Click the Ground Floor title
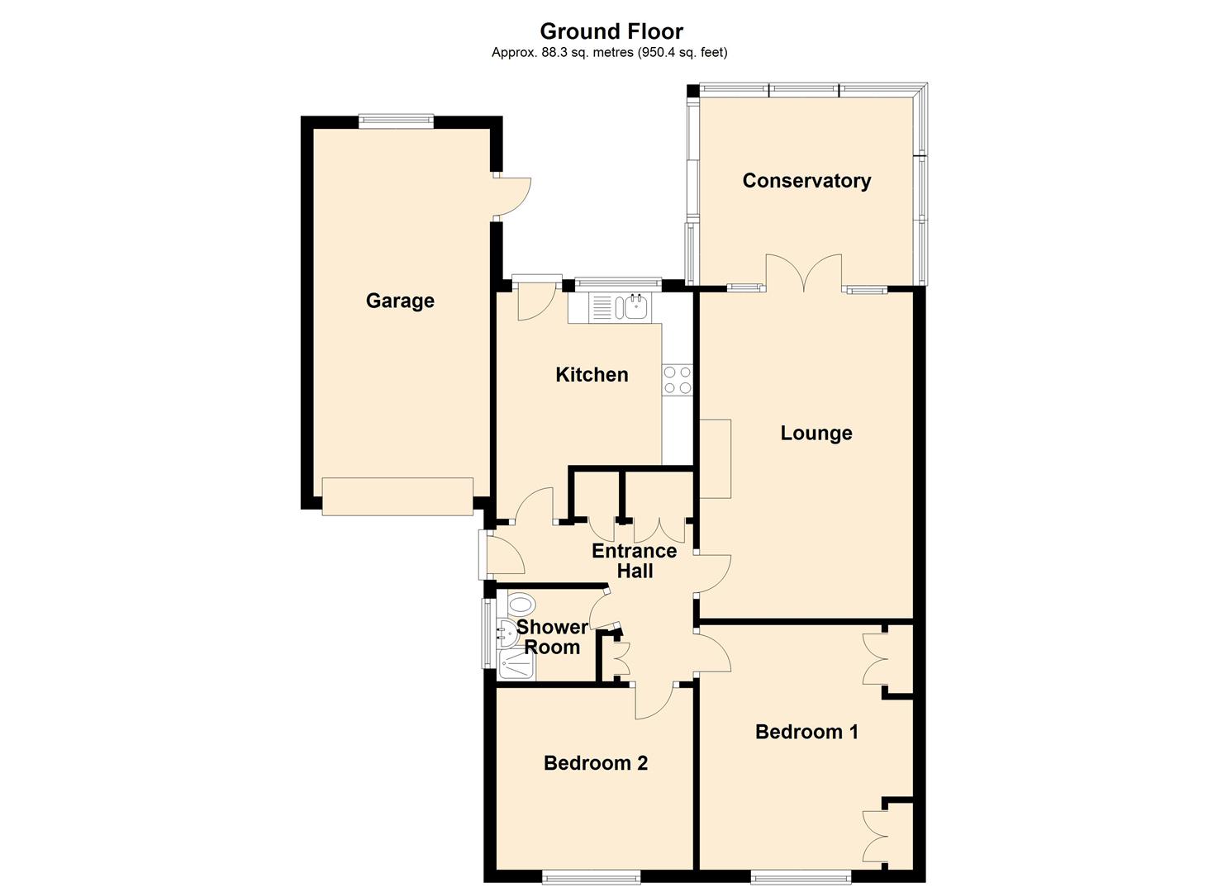pos(611,31)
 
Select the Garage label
pos(400,301)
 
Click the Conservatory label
pos(806,181)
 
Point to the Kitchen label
pos(592,374)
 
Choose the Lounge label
pos(816,433)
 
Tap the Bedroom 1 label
pos(806,732)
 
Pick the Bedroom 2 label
pos(596,763)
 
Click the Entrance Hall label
pos(635,561)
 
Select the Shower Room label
pos(552,637)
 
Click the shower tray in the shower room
pos(516,665)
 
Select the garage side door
pos(513,197)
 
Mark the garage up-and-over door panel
pos(397,496)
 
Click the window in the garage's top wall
pos(396,121)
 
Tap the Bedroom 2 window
pos(591,876)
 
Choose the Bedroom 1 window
pos(801,876)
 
